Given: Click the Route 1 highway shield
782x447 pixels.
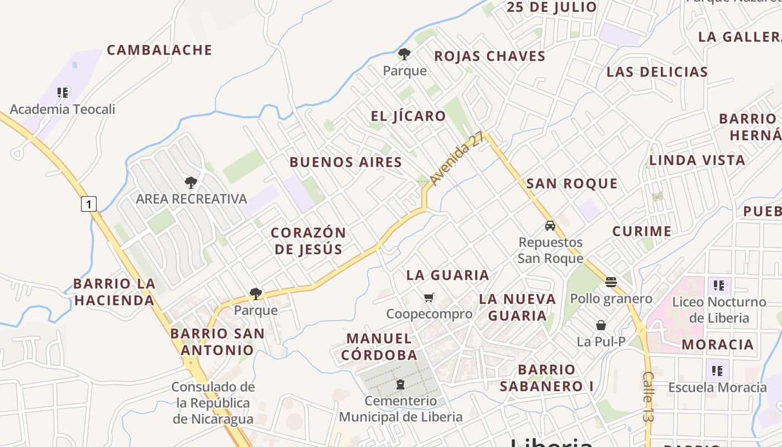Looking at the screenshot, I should coord(89,203).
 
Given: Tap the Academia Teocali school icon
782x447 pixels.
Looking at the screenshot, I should coord(63,92).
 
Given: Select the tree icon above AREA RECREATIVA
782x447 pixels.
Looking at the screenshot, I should coord(191,182).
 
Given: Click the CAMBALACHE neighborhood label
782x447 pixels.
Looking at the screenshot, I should coord(160,50).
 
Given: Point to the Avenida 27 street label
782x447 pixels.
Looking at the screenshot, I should coord(457,159).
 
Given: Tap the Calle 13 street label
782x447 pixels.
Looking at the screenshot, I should coord(648,396).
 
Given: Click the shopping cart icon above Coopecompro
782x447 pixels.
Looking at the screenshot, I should coord(428,297).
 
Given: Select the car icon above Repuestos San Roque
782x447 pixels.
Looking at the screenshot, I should coord(550,226).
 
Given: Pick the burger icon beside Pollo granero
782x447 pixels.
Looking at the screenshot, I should coord(611,282).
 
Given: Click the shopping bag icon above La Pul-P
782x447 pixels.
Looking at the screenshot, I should coord(601,325).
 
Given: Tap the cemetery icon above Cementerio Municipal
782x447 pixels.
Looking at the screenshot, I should coord(400,384).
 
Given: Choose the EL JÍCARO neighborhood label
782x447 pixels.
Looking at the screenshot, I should coord(409,116).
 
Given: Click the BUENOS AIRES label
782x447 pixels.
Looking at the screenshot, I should coord(346,163).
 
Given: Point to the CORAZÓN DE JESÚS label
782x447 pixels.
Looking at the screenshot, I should coord(308,241).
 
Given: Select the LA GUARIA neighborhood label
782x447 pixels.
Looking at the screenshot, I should coord(447,275).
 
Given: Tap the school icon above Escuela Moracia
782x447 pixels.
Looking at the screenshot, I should coord(717,370).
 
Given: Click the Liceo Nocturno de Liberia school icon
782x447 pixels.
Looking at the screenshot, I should coord(718,286).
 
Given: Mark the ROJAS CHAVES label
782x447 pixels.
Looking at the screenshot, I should coord(490,56).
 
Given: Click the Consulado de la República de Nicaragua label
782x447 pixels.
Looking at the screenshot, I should coord(213,403).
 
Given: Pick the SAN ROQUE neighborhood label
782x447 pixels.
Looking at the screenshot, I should coord(572,184).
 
